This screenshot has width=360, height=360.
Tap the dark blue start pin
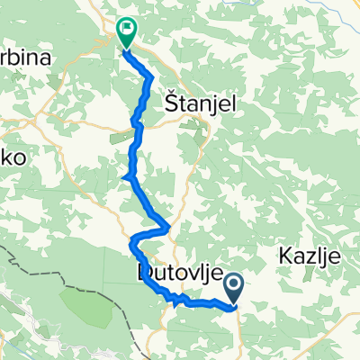coord(233,287)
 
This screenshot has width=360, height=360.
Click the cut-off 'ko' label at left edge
coord(14,157)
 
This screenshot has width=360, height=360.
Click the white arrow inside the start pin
coord(233,286)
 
